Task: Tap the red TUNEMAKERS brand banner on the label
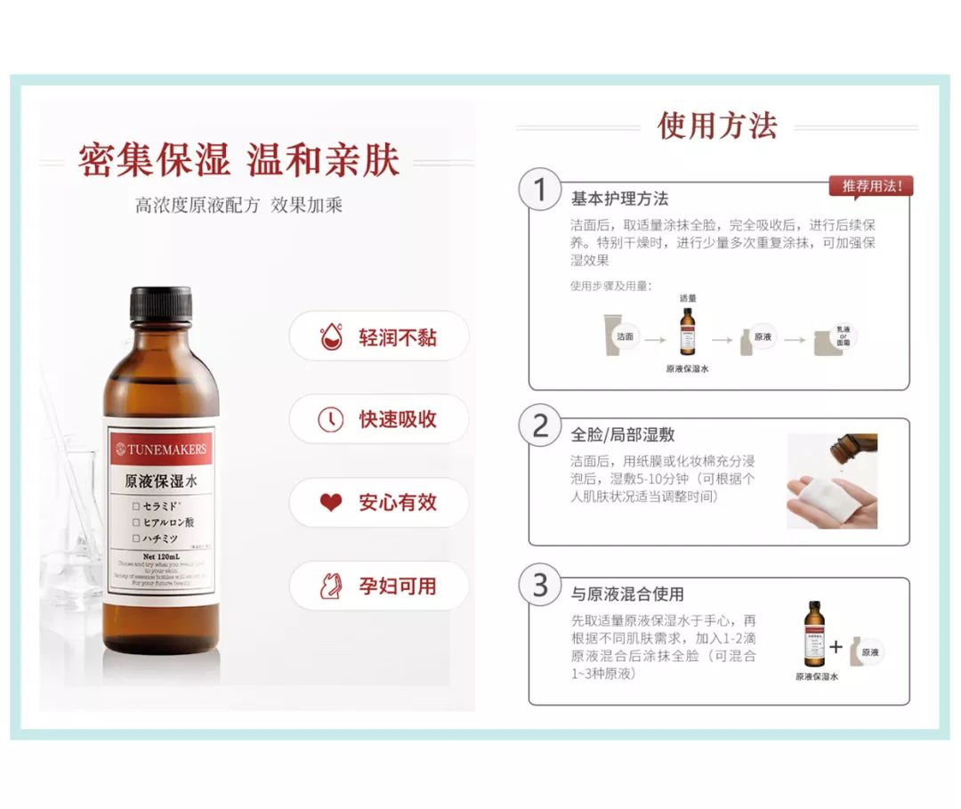[x=160, y=449]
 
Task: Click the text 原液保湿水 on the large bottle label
[x=160, y=481]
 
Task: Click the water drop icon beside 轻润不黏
[x=331, y=337]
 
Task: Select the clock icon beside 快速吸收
[x=331, y=419]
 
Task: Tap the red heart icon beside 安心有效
[x=331, y=503]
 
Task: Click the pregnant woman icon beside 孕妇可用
[x=331, y=586]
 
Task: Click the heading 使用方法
[x=717, y=125]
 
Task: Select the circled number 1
[x=540, y=190]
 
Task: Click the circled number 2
[x=540, y=426]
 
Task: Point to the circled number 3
[x=540, y=586]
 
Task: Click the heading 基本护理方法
[x=619, y=198]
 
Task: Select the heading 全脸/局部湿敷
[x=622, y=434]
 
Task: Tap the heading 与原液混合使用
[x=627, y=594]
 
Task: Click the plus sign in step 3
[x=836, y=647]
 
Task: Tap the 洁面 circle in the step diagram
[x=626, y=337]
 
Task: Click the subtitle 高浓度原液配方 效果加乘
[x=238, y=206]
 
